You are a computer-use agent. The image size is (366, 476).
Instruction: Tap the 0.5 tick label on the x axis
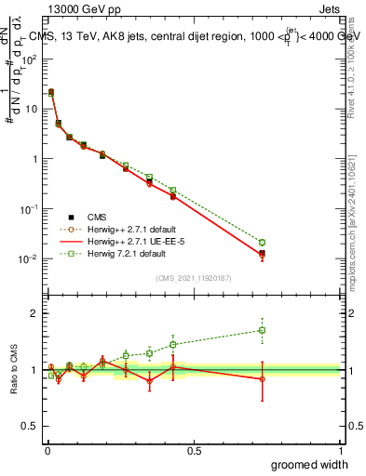tap(194, 451)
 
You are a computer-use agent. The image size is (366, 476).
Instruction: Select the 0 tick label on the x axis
tap(47, 451)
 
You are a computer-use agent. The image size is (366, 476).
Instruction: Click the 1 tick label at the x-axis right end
tap(340, 451)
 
